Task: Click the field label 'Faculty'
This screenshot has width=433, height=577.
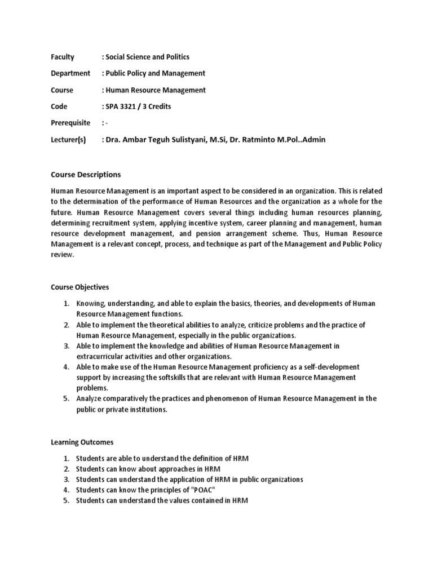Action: pos(63,57)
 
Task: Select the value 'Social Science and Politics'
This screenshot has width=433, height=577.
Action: pos(147,57)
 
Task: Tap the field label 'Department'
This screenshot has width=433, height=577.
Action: pos(70,73)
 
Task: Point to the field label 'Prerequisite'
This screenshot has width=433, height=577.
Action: pos(70,123)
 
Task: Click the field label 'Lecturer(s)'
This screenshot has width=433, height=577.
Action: pos(68,140)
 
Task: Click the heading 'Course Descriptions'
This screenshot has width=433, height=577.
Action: pos(86,175)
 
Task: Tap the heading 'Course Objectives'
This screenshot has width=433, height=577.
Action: pos(80,287)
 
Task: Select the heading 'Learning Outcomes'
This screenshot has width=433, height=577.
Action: pos(82,442)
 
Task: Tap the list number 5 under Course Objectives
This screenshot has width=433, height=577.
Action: pos(65,398)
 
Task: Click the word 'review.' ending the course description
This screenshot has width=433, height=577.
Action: pos(62,255)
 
